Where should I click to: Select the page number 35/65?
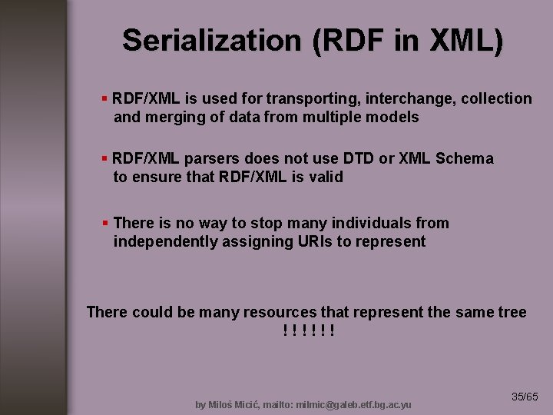tap(525, 397)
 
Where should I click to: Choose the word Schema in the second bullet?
tap(465, 158)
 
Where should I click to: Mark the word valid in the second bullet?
tap(324, 177)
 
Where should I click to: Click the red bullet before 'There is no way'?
tap(105, 223)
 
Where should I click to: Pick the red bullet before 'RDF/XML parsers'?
tap(105, 158)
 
